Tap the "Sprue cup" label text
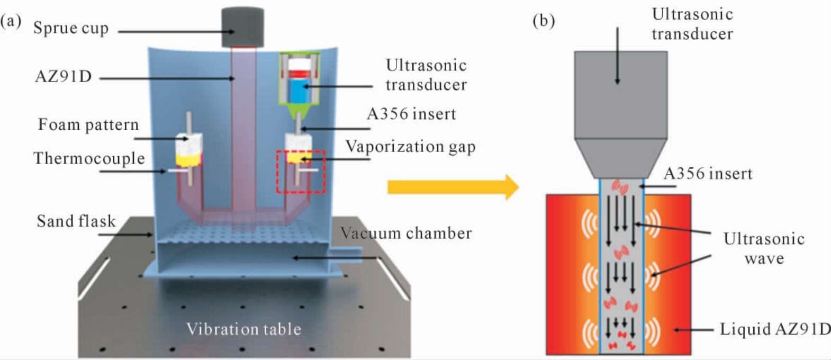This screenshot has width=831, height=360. [71, 28]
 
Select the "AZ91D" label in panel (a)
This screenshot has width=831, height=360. [63, 76]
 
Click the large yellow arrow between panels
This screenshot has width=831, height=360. [453, 187]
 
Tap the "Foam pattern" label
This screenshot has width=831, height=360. [88, 125]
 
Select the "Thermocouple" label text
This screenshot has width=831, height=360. [89, 158]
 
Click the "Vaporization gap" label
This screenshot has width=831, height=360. [410, 147]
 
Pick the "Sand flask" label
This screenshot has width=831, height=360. [76, 221]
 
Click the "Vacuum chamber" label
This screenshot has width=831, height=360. [406, 233]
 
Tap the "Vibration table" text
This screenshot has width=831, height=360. [243, 329]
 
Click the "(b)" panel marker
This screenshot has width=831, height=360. [544, 21]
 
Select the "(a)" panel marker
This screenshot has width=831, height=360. [11, 21]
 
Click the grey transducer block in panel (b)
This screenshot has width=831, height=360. [621, 114]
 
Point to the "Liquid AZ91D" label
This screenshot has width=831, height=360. [775, 329]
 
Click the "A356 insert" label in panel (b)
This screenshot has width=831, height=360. [708, 174]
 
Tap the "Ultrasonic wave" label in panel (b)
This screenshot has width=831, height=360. [764, 248]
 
